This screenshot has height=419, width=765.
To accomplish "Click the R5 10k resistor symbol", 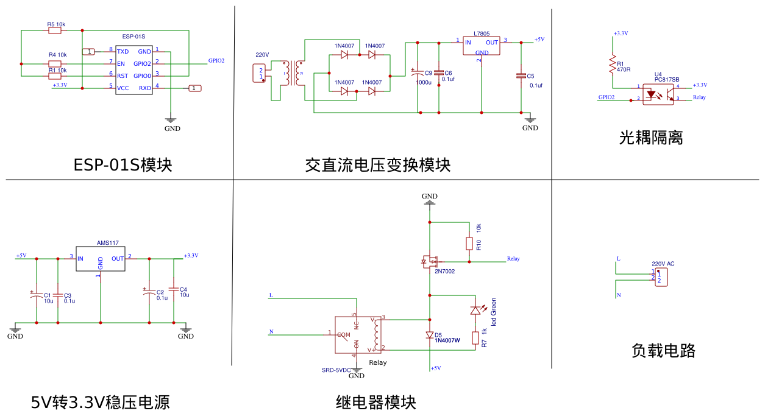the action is tap(55, 30).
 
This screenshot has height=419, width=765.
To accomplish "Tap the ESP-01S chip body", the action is tap(134, 70).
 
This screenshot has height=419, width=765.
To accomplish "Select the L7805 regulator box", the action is tap(481, 46).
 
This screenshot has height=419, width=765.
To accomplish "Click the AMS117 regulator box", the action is tap(101, 259).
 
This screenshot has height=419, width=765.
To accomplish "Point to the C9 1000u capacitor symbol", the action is tap(418, 72).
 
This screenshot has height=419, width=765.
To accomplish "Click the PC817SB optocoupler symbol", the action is tap(658, 94).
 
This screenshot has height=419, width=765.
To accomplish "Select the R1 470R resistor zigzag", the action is tap(613, 64).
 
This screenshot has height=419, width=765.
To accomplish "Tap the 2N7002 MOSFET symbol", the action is tap(430, 262).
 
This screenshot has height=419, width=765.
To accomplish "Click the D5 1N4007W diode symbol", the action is tap(430, 335).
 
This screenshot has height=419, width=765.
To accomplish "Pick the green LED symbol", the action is tap(475, 310).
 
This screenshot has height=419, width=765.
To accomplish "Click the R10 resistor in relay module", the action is tap(469, 244).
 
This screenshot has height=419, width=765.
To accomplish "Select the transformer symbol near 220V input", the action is tap(293, 73).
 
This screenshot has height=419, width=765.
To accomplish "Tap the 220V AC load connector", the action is tap(661, 277).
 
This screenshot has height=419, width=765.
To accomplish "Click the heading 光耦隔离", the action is tap(651, 138).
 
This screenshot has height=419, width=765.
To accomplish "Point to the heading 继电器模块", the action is tap(376, 403).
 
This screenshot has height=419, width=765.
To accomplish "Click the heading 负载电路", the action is tap(663, 350).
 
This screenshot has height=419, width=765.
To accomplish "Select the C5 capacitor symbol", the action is tap(521, 76).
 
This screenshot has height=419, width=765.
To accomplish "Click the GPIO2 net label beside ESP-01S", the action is tap(216, 61).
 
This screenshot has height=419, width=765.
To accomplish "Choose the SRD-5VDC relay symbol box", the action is tap(358, 335).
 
